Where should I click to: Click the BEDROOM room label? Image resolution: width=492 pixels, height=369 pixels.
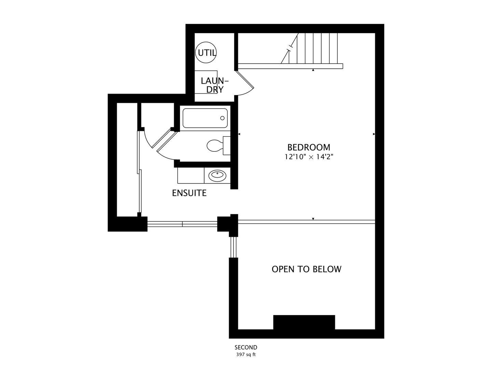(309, 147)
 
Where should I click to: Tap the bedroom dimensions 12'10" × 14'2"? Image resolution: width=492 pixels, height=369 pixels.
(309, 156)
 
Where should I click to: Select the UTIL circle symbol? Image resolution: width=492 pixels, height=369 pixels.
(206, 53)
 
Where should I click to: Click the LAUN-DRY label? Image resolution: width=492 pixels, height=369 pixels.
(215, 85)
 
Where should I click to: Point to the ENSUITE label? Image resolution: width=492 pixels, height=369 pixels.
(189, 193)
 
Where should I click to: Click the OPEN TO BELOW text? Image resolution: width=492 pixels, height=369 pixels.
(306, 269)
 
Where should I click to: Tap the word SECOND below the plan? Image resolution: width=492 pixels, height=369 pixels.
(246, 347)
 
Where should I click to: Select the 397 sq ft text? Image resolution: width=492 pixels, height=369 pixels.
(246, 355)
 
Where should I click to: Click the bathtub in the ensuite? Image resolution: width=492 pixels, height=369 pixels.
(205, 118)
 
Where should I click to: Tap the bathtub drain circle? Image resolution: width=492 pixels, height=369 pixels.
(222, 118)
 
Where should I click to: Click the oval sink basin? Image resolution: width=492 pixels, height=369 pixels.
(217, 176)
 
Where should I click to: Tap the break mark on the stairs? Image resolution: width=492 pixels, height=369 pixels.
(290, 48)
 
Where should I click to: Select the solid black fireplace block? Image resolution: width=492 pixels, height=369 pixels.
(304, 322)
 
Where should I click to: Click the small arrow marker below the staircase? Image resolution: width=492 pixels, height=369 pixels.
(313, 70)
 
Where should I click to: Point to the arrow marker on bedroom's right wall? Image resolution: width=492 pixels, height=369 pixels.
(374, 134)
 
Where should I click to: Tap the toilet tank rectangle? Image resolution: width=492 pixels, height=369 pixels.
(227, 145)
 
